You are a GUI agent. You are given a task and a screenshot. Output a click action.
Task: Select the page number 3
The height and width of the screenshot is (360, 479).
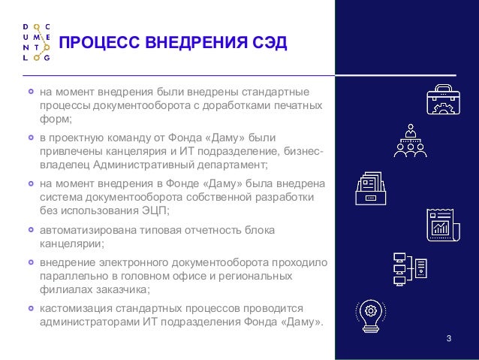448,334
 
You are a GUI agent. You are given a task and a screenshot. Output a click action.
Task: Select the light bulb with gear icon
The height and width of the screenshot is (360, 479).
370,314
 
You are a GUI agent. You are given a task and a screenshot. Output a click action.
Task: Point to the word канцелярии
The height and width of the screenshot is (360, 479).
71,244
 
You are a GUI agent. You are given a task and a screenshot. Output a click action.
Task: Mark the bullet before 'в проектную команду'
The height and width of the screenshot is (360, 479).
31,138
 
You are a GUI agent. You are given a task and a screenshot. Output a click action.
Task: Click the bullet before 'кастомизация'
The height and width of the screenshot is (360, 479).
31,308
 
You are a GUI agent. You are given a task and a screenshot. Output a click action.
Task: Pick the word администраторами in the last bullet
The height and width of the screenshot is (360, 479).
89,322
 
